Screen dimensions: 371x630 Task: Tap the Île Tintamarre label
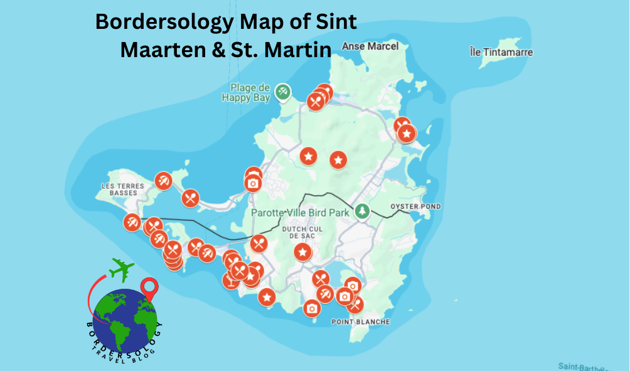(501, 52)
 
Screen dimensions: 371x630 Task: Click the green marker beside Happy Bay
(284, 92)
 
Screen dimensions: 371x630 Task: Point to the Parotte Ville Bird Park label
(299, 212)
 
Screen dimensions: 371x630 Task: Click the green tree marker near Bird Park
(362, 211)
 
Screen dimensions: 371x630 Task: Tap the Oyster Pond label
(415, 207)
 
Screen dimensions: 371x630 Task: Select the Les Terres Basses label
(123, 189)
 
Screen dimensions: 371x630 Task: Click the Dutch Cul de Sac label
(302, 233)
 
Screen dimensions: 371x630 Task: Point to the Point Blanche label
(360, 322)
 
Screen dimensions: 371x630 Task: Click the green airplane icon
(122, 269)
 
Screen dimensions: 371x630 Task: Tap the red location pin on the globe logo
(149, 289)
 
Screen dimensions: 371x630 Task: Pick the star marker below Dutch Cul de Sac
(303, 252)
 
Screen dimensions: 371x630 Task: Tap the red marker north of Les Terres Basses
(163, 181)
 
